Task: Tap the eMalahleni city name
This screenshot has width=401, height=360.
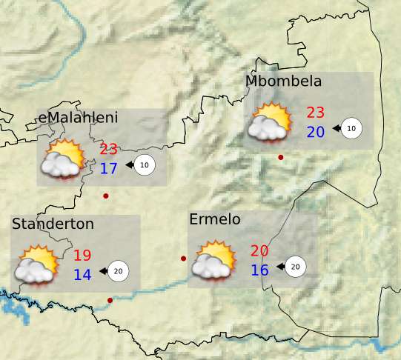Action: click(78, 118)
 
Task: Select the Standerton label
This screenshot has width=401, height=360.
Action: click(53, 224)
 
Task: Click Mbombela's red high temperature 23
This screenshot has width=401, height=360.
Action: click(316, 113)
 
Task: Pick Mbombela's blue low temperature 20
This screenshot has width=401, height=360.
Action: click(316, 132)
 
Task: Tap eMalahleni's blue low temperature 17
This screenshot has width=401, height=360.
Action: click(109, 168)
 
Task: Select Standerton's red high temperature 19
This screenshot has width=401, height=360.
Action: click(82, 256)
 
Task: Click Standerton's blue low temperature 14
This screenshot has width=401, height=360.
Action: click(82, 275)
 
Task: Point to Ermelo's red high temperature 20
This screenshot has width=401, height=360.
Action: click(259, 251)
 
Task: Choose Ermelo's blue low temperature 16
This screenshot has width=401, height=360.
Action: click(259, 270)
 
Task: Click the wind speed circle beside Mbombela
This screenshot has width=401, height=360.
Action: click(352, 128)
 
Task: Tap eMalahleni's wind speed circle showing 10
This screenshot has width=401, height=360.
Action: click(145, 164)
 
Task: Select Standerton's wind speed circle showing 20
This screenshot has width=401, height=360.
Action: click(118, 271)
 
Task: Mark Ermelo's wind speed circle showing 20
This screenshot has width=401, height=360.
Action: click(295, 267)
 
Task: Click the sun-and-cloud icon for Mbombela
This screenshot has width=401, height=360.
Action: click(269, 122)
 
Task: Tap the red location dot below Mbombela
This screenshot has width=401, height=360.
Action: click(280, 157)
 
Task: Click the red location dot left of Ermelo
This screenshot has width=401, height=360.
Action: click(183, 259)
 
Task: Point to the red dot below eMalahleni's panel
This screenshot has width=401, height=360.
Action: click(106, 196)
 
